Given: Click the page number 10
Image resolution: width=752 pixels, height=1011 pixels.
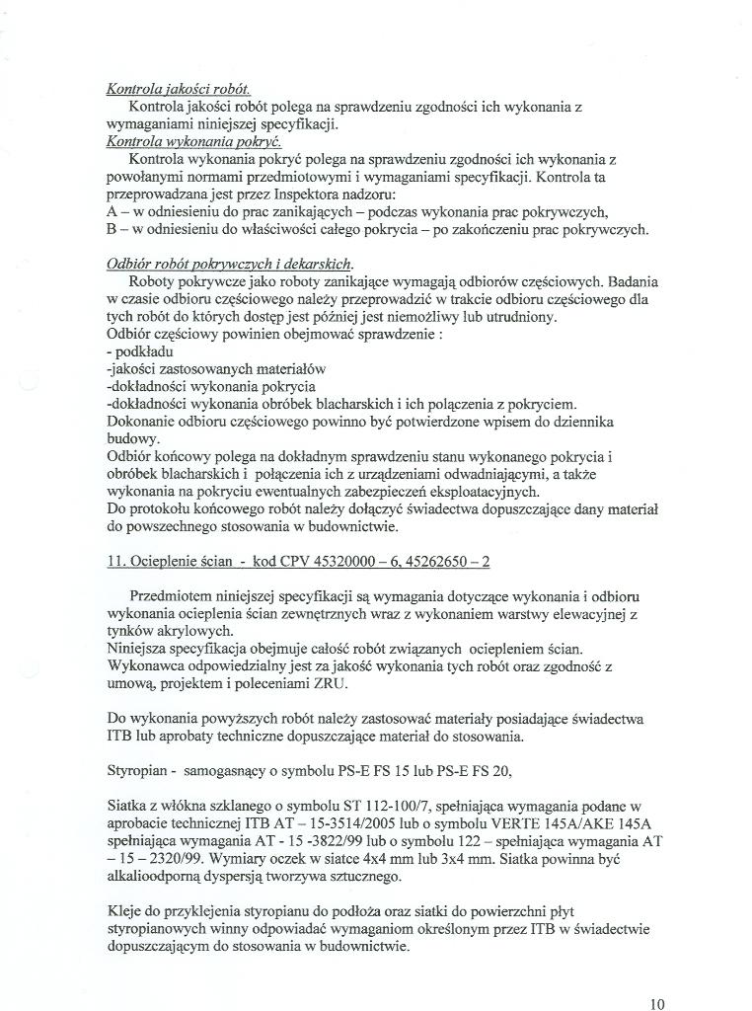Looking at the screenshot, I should (658, 1004).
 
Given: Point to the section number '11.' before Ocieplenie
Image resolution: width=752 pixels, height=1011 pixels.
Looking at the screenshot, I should (116, 562).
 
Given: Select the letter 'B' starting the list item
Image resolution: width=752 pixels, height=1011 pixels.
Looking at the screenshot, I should (112, 229).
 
